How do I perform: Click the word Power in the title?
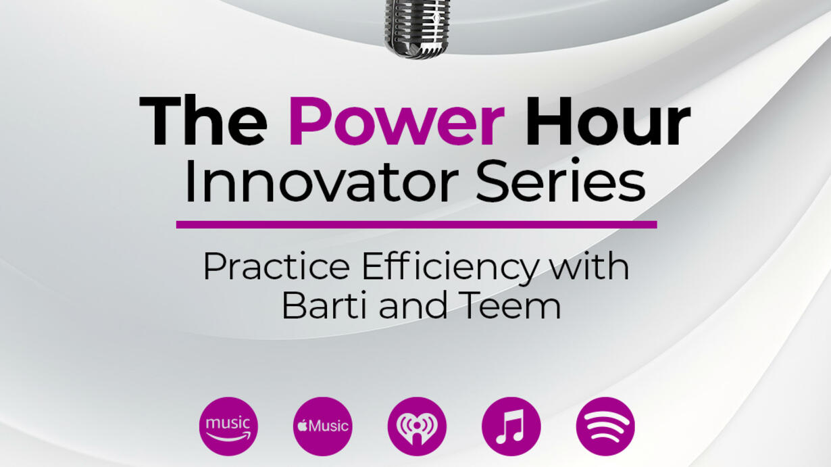pos(397,121)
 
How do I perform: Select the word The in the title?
pos(203,121)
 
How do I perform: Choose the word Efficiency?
pos(449,269)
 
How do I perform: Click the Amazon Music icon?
pos(228,426)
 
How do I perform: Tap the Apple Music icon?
pos(323,426)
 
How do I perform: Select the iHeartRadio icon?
pos(417,426)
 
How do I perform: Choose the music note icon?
pos(511,426)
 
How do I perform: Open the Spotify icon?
pos(605,426)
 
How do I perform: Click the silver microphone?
pos(416,28)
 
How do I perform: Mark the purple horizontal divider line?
pos(417,224)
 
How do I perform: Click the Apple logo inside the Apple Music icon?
pos(303,426)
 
